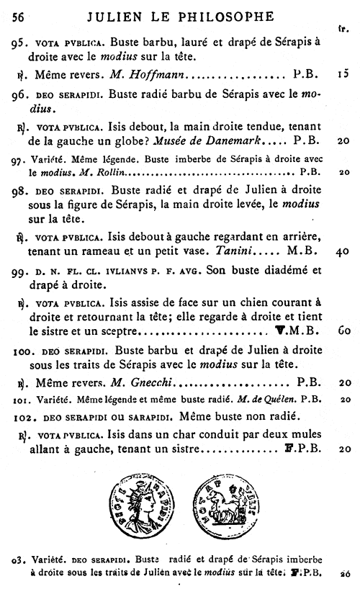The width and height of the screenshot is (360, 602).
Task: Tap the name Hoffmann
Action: click(157, 73)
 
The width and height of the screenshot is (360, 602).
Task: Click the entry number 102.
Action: click(23, 415)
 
